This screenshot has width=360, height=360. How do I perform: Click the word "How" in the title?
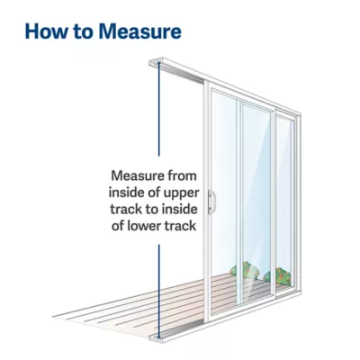(47, 31)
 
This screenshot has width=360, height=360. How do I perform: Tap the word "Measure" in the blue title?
(140, 31)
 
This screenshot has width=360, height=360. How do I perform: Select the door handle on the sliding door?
(211, 202)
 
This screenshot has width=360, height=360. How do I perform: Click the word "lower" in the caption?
(138, 226)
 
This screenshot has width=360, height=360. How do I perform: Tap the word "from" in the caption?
(183, 175)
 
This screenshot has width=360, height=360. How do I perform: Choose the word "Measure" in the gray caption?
(137, 175)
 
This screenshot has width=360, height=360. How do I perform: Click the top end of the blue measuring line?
(159, 62)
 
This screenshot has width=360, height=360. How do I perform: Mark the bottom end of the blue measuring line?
(159, 338)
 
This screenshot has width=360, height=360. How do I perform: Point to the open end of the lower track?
(156, 337)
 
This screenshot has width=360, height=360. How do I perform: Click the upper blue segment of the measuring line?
(159, 109)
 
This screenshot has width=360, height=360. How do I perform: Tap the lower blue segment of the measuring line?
(159, 292)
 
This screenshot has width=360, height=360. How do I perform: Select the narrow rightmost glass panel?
(283, 204)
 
